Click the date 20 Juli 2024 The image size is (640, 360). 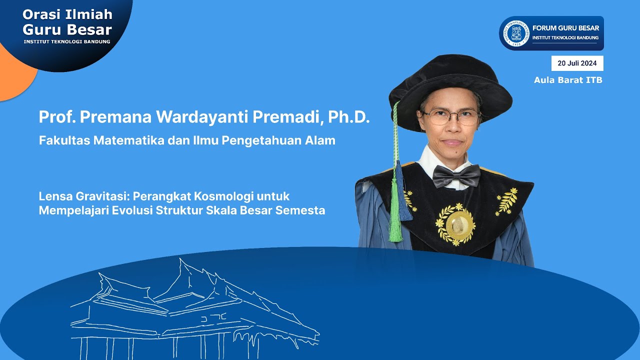pos(577,63)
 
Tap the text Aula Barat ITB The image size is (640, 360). pos(568,80)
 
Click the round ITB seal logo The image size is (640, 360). pos(516,33)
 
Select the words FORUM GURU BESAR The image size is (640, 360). pos(565,28)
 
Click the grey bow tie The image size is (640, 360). pos(456,175)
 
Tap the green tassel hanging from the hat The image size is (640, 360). pos(395,220)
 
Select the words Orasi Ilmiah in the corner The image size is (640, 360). pos(67,14)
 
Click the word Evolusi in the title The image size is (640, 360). pos(132,210)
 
